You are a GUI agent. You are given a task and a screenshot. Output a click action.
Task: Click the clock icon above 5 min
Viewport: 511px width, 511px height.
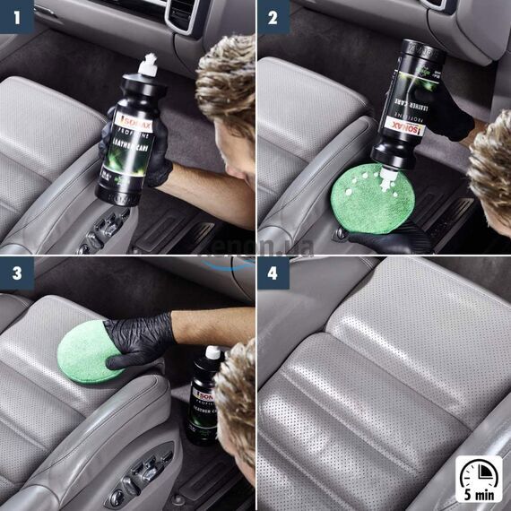click(x=479, y=472)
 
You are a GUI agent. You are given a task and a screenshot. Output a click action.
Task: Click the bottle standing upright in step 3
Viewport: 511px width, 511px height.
click(x=204, y=394)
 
